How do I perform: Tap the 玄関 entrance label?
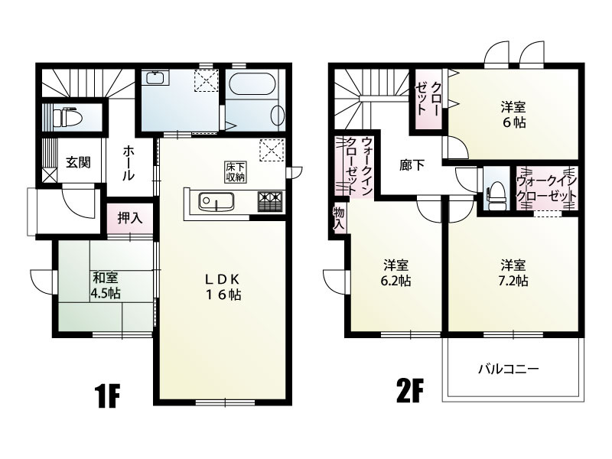[x=78, y=162]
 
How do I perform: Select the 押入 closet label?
[x=130, y=219]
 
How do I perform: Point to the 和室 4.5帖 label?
[x=105, y=285]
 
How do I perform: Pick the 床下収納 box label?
[x=235, y=171]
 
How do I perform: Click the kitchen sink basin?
[x=216, y=202]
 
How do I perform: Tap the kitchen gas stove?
[x=269, y=201]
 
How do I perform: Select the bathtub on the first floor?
[x=252, y=84]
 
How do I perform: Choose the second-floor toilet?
[x=496, y=194]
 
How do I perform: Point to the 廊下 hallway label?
[x=412, y=165]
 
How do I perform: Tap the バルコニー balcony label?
[x=509, y=369]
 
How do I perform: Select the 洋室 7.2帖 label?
[x=514, y=273]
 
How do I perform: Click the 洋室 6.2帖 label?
[x=396, y=273]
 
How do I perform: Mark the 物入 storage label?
[x=339, y=219]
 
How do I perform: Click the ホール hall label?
[x=129, y=163]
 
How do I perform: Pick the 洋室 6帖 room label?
[x=513, y=115]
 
